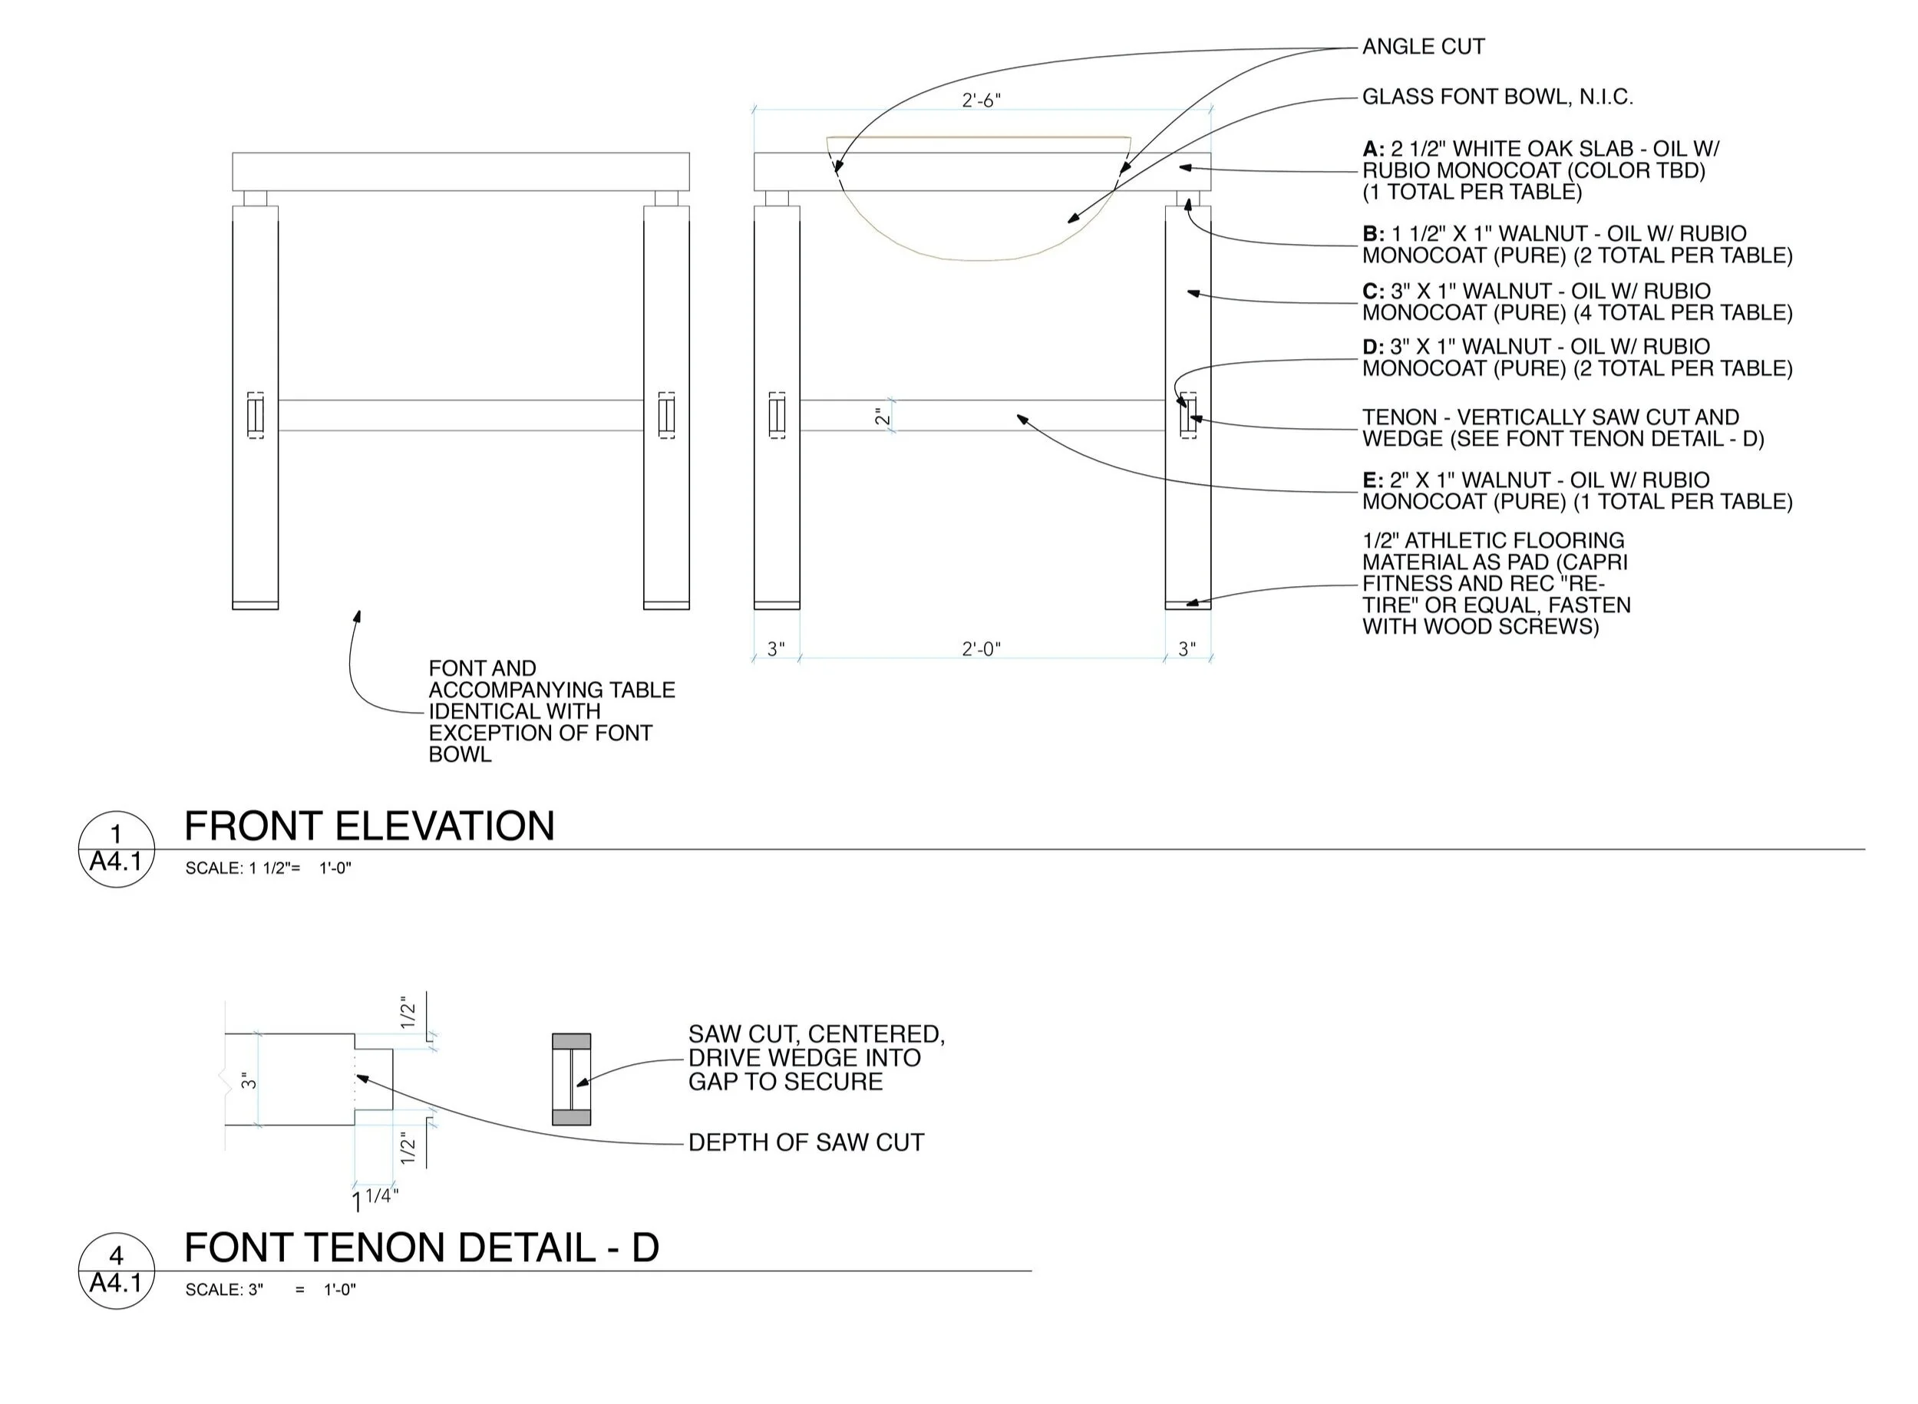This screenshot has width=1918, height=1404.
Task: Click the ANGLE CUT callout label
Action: point(1422,47)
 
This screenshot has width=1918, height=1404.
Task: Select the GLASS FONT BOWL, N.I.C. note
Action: point(1497,97)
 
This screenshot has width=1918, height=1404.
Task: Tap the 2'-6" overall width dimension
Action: point(981,101)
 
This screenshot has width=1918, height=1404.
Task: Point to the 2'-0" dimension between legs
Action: point(981,649)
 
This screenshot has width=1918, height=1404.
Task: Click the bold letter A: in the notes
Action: point(1373,150)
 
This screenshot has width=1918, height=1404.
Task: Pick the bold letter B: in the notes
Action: point(1373,234)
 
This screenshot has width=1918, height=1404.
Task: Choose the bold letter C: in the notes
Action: point(1373,292)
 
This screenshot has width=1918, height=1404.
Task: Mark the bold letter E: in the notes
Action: point(1373,480)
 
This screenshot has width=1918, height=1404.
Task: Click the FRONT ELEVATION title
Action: point(369,826)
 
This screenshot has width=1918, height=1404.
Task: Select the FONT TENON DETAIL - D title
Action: point(421,1247)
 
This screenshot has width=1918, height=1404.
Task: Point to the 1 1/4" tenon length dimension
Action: point(375,1199)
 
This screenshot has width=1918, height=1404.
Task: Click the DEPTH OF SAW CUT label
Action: point(805,1142)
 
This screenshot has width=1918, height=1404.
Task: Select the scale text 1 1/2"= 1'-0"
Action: point(268,868)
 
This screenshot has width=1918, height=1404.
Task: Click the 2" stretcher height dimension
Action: point(883,417)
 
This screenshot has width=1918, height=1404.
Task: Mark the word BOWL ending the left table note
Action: point(460,755)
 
